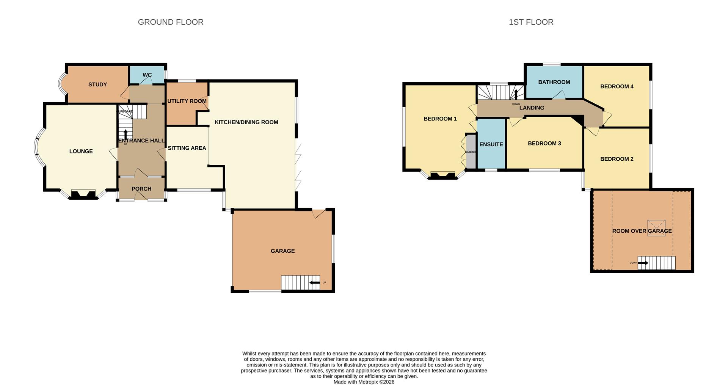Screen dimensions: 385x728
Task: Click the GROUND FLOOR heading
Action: click(x=171, y=22)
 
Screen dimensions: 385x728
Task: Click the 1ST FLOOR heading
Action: click(x=531, y=22)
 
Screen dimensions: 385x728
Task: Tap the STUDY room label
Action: click(x=97, y=85)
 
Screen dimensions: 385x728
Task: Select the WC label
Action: click(x=147, y=75)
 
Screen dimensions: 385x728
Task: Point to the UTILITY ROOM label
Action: click(x=187, y=101)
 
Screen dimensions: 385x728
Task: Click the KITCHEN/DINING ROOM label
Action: click(x=246, y=122)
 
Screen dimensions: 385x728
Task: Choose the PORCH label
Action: click(x=141, y=189)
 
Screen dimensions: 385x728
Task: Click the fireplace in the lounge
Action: click(x=83, y=195)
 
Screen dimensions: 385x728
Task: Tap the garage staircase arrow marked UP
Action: click(x=315, y=283)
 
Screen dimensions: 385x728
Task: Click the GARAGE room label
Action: click(x=282, y=251)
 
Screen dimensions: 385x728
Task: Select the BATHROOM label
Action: click(x=554, y=82)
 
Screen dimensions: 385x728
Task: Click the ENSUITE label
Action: click(x=491, y=144)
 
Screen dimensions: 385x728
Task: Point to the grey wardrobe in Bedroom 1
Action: click(x=471, y=151)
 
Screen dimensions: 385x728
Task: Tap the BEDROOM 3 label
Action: click(x=544, y=143)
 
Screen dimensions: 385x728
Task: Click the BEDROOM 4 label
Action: click(x=617, y=86)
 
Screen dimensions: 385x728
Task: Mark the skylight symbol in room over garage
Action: click(x=656, y=228)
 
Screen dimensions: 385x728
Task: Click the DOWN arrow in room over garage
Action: click(x=643, y=263)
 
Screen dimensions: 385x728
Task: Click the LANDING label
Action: click(x=532, y=108)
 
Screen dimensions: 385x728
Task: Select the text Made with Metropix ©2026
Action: click(x=364, y=382)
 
